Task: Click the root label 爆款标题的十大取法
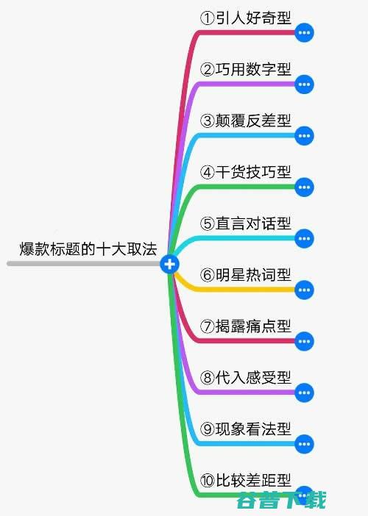[88, 248]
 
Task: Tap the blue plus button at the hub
[170, 264]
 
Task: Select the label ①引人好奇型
[246, 18]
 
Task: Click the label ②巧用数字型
[246, 69]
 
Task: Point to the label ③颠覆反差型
[246, 121]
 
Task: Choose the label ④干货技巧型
[246, 172]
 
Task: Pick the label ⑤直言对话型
[246, 223]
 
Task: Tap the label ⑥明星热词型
[246, 275]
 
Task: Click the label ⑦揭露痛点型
[246, 326]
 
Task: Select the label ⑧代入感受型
[246, 378]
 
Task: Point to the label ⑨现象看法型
[246, 429]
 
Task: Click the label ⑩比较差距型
[246, 481]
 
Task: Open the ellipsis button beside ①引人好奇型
[304, 32]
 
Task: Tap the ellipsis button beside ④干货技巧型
[304, 187]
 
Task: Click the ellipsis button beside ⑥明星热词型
[304, 290]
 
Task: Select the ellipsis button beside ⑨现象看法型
[304, 444]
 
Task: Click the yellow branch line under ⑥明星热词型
[230, 290]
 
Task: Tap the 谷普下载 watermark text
[281, 501]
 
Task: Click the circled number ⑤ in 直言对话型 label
[208, 223]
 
